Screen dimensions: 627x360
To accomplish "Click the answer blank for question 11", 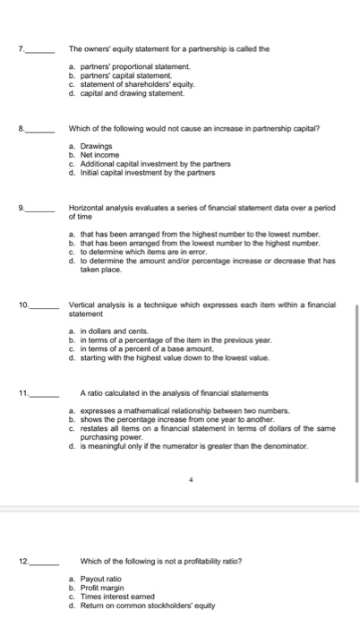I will pos(45,392).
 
